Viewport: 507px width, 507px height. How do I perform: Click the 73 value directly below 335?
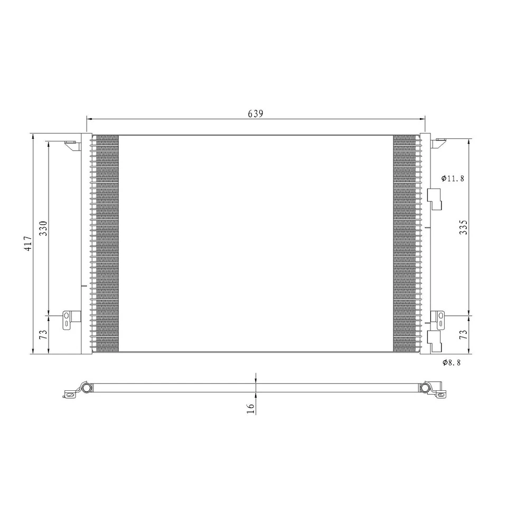coord(463,334)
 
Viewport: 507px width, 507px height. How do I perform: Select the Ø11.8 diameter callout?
coord(453,179)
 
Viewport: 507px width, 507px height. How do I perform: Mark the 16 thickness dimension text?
coord(250,407)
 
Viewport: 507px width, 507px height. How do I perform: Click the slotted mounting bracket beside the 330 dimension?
coord(69,320)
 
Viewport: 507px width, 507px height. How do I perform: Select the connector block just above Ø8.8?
coord(434,341)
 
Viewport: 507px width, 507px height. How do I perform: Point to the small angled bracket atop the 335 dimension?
coord(439,143)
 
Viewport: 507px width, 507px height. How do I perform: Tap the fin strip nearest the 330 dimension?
coord(105,243)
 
